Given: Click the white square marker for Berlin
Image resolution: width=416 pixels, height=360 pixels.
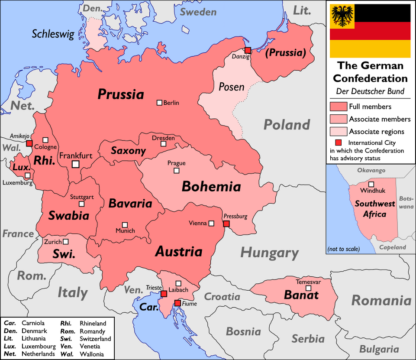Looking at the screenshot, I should [159, 103].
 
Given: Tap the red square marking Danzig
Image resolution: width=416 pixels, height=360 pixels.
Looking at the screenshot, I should [248, 50].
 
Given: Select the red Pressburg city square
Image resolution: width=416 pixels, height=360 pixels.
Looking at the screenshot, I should [226, 224].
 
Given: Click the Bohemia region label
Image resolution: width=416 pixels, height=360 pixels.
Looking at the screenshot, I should [211, 187].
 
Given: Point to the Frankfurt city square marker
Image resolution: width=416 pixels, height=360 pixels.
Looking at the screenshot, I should [75, 164].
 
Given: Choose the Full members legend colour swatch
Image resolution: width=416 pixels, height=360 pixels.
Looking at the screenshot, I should [338, 107].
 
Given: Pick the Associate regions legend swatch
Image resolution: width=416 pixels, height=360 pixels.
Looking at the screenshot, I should [338, 132].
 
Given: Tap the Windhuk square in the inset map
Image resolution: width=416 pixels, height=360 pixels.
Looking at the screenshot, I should [371, 184].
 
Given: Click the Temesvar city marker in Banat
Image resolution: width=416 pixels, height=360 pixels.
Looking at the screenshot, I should [308, 288].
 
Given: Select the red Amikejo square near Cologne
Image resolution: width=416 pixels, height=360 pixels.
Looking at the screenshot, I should [29, 143].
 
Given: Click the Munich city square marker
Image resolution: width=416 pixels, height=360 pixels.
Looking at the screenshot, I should [125, 225].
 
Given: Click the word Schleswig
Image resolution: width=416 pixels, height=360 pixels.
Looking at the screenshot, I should [53, 34].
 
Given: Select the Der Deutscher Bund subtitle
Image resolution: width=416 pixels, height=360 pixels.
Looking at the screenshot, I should [370, 91].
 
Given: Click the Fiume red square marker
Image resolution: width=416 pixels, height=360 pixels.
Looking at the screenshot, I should [177, 303].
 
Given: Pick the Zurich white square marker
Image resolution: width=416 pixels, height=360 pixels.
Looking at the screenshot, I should [66, 241].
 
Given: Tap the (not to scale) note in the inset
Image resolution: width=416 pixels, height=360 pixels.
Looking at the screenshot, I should [344, 249].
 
